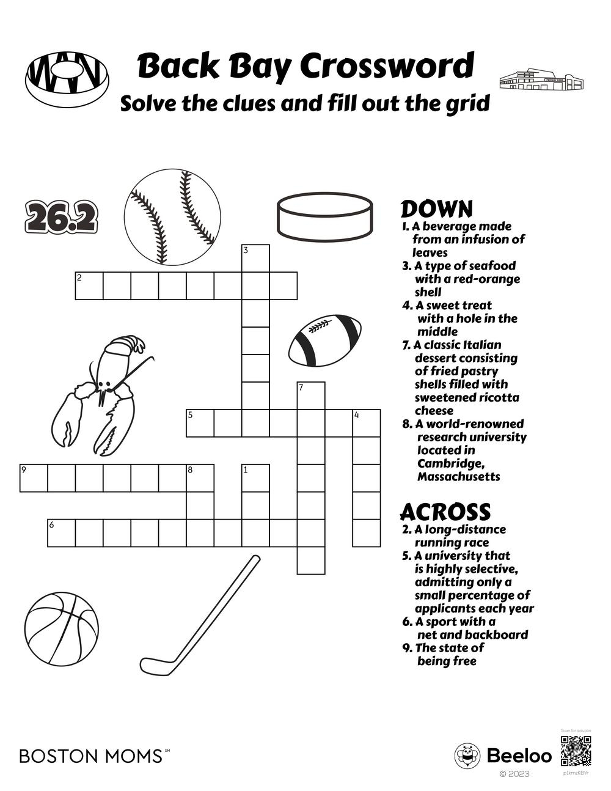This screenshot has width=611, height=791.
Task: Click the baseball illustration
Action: click(x=172, y=217)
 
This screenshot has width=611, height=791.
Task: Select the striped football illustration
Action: click(x=324, y=340)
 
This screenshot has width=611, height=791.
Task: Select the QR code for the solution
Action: click(x=576, y=751)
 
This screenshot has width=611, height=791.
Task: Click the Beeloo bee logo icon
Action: click(x=467, y=756)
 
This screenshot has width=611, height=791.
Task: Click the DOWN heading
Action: click(x=436, y=209)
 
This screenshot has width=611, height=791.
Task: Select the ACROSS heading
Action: click(x=445, y=512)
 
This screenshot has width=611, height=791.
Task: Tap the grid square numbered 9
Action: click(x=34, y=478)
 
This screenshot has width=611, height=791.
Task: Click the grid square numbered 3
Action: click(x=256, y=258)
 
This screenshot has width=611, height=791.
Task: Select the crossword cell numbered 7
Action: click(x=311, y=395)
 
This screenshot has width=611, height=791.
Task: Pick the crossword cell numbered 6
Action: click(x=62, y=532)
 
